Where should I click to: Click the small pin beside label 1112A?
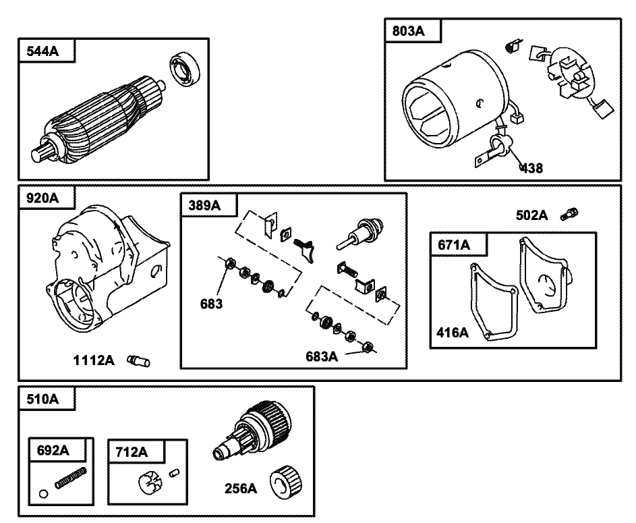point(140,362)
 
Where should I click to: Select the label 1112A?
point(94,361)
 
